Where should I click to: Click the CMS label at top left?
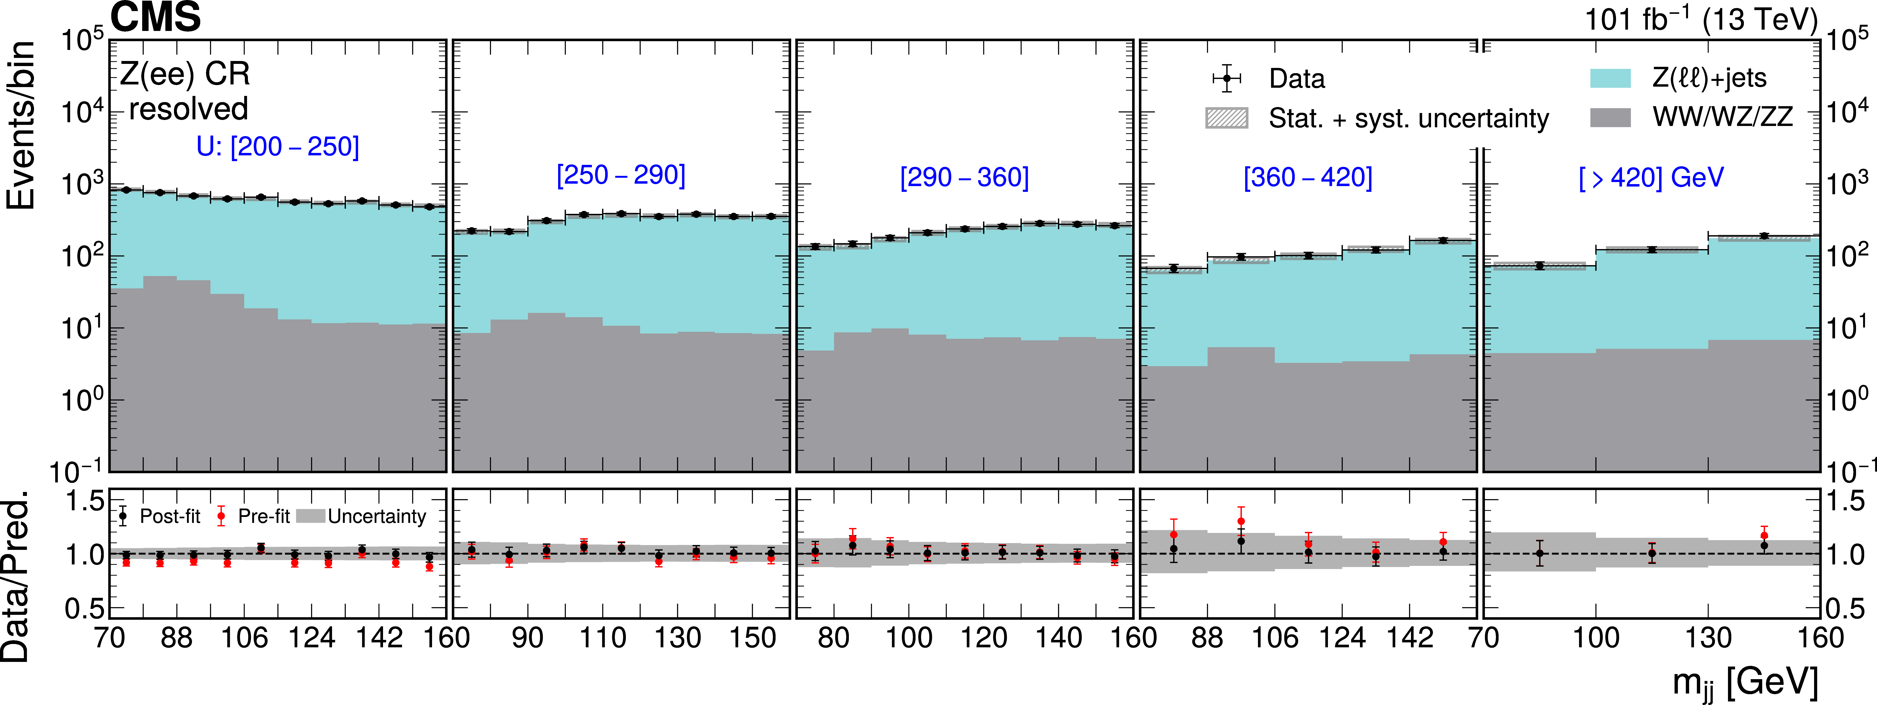[x=155, y=17]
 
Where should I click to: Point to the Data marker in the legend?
[x=1227, y=78]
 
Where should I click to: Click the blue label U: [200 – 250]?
[x=278, y=147]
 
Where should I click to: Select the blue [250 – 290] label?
[x=621, y=175]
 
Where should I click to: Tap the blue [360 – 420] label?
[x=1308, y=177]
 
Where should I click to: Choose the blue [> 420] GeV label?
[x=1651, y=177]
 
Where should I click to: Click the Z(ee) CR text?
[x=185, y=74]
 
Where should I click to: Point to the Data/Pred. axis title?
[x=16, y=576]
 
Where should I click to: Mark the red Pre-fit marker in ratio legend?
[x=221, y=516]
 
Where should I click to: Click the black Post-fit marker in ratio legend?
[x=123, y=516]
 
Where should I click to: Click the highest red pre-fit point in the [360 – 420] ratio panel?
[x=1241, y=521]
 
